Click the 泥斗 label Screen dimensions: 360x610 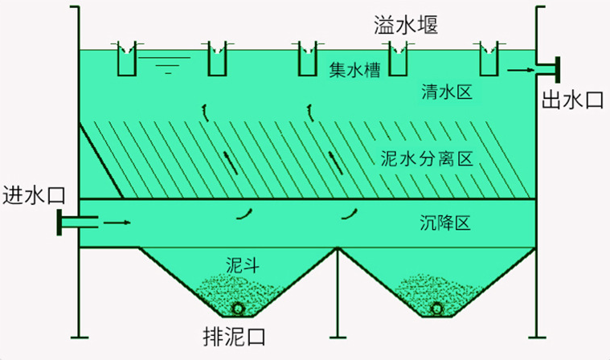coord(241,263)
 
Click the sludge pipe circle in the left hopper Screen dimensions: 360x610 coord(238,309)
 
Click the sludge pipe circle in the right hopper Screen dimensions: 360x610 coord(437,309)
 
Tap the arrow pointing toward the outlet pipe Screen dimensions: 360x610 coord(520,72)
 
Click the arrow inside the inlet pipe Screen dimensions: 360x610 coord(117,221)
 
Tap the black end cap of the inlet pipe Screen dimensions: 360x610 coord(59,222)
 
